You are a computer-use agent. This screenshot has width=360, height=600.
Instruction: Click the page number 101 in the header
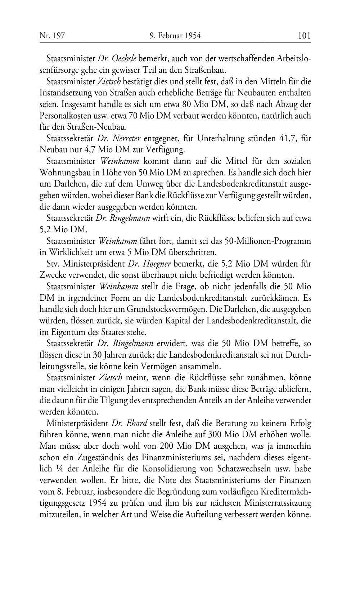[x=304, y=36]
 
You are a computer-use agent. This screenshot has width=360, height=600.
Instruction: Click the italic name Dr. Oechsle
[x=117, y=58]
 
